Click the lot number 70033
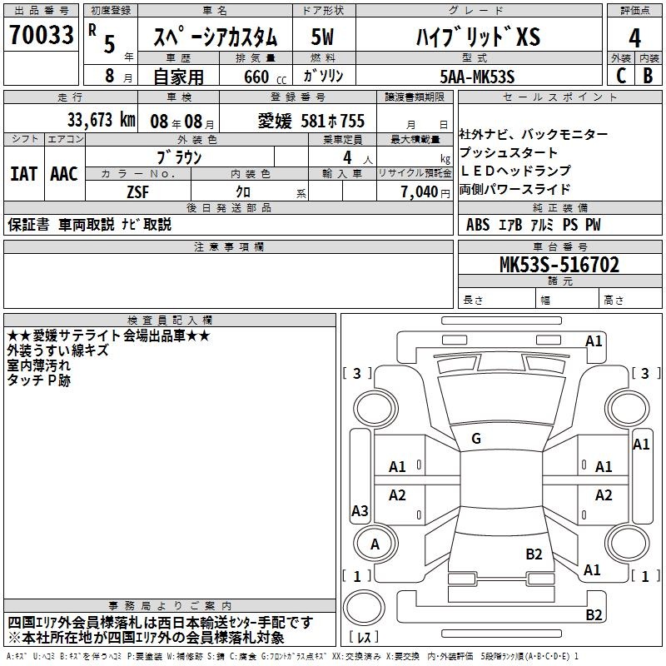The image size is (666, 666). click(x=41, y=34)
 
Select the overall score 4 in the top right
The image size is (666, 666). click(x=634, y=37)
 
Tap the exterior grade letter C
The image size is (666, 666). click(x=621, y=76)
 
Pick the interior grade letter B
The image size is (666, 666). click(x=648, y=76)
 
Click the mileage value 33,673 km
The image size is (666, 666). click(x=101, y=120)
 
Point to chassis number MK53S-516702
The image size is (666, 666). click(x=559, y=265)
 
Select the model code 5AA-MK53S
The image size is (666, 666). click(x=477, y=77)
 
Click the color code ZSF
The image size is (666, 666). click(x=137, y=192)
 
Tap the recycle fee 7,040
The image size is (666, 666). click(x=420, y=192)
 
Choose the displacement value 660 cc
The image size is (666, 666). click(x=265, y=77)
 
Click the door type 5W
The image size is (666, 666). click(x=322, y=37)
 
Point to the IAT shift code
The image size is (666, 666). click(x=23, y=174)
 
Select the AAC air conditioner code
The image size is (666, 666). click(x=64, y=174)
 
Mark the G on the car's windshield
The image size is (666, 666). click(x=476, y=439)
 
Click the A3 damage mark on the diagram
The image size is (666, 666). click(x=360, y=510)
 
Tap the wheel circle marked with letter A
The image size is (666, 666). click(x=375, y=544)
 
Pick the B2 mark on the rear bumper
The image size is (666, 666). click(x=594, y=614)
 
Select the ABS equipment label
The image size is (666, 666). click(x=478, y=224)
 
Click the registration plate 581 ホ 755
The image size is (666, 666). click(x=332, y=121)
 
